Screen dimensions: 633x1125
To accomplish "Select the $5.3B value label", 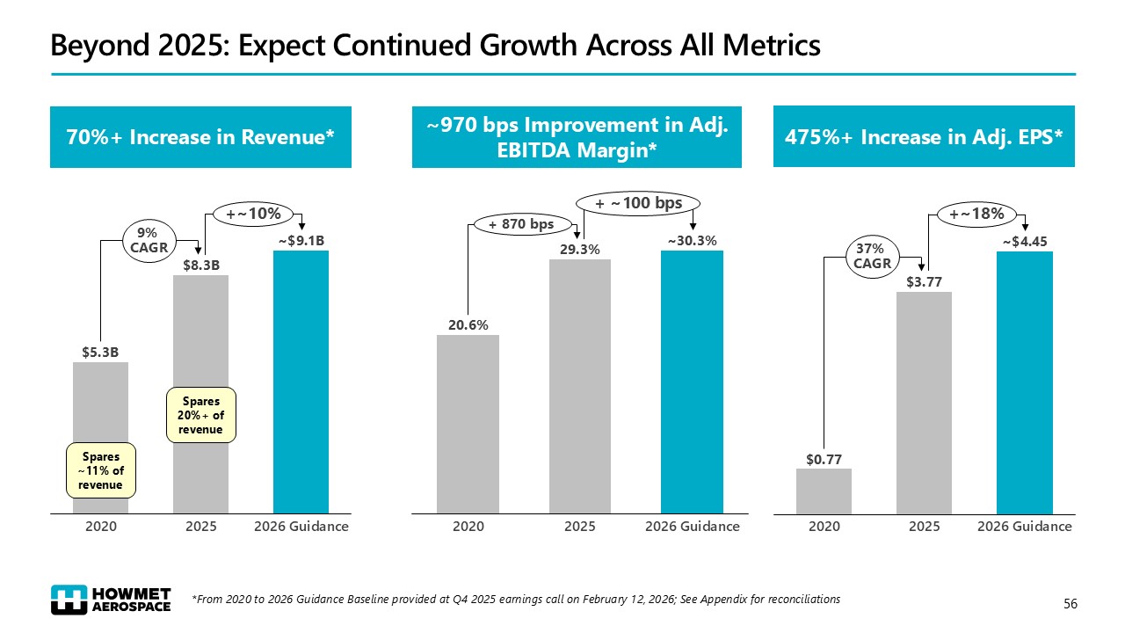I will [x=100, y=353].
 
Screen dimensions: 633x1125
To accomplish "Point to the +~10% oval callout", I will [x=254, y=213].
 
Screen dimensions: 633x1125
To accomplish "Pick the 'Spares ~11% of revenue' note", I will [x=103, y=470].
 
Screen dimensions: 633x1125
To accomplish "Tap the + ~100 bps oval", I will [x=639, y=203].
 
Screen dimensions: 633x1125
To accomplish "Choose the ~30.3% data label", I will [x=692, y=240].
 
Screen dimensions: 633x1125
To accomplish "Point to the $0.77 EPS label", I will [x=824, y=458].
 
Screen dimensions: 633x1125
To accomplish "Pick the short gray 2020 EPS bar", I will [x=824, y=491].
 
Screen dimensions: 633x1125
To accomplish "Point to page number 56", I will [x=1070, y=603].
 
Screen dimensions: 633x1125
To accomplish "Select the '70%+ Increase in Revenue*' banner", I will [x=201, y=137].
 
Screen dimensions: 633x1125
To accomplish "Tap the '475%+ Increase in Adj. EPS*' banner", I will [x=924, y=137].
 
